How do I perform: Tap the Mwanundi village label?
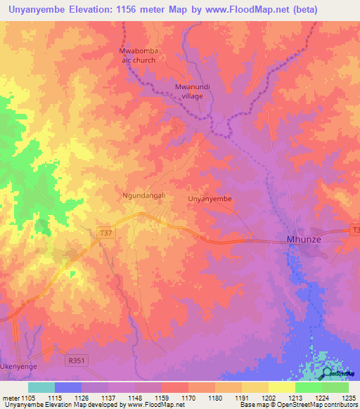coord(188,91)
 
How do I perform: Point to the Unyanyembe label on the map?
coord(210,199)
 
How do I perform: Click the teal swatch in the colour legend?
coord(41,387)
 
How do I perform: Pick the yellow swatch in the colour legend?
coord(281,387)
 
